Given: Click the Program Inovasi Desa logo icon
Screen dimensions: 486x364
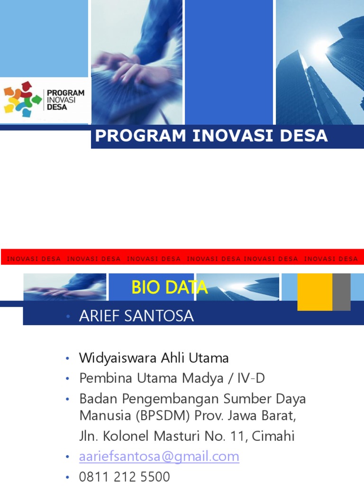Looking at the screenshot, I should pos(22,100).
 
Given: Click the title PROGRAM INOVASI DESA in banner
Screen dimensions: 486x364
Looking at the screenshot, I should pos(211,136).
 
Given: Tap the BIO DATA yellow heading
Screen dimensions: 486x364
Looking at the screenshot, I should pos(169,287).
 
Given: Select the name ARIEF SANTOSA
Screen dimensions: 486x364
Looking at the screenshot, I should pos(136,317).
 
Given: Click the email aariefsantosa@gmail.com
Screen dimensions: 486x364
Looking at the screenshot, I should pos(159,457).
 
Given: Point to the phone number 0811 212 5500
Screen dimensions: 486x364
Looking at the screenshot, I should pos(125,477).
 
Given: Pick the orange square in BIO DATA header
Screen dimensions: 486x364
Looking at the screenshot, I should pos(314,292).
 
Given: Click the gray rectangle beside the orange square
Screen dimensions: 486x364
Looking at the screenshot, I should pos(341,292).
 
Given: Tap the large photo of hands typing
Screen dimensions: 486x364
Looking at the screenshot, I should pos(136,62).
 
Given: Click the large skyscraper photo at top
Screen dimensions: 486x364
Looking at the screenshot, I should pos(319,62).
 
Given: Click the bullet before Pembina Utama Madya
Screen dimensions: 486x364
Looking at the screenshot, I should pos(68,379).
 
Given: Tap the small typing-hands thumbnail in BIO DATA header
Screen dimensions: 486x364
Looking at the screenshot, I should pos(65,287).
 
